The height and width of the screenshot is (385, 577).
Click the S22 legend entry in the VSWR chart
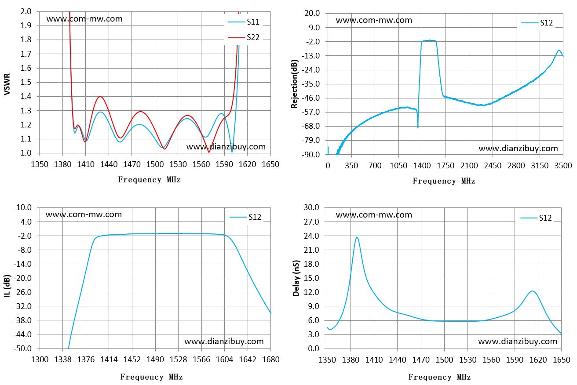pyautogui.click(x=244, y=37)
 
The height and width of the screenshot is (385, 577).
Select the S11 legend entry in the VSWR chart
pyautogui.click(x=244, y=22)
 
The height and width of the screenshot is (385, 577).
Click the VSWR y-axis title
pyautogui.click(x=7, y=84)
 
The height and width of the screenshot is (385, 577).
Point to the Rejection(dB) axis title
pyautogui.click(x=294, y=84)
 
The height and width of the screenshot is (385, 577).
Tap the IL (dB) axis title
pyautogui.click(x=7, y=286)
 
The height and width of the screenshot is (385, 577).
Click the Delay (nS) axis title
pyautogui.click(x=296, y=278)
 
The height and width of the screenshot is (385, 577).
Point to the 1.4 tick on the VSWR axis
pyautogui.click(x=26, y=97)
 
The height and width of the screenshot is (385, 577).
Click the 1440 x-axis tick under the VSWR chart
pyautogui.click(x=109, y=164)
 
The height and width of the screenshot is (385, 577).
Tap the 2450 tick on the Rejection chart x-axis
pyautogui.click(x=493, y=166)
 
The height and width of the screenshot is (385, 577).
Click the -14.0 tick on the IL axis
pyautogui.click(x=22, y=264)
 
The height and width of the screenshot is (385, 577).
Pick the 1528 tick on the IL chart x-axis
pyautogui.click(x=178, y=360)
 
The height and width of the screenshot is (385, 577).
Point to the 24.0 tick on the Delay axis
pyautogui.click(x=311, y=236)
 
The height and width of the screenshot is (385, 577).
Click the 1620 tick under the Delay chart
pyautogui.click(x=538, y=360)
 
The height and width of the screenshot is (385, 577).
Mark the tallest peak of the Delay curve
pyautogui.click(x=357, y=237)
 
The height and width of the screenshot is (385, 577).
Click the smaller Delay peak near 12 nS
pyautogui.click(x=533, y=291)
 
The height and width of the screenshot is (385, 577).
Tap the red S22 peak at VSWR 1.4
pyautogui.click(x=100, y=97)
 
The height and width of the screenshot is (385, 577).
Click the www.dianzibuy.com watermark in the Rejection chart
pyautogui.click(x=518, y=149)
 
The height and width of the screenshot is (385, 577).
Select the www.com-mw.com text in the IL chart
pyautogui.click(x=84, y=214)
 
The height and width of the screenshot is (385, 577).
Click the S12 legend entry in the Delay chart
pyautogui.click(x=536, y=218)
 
